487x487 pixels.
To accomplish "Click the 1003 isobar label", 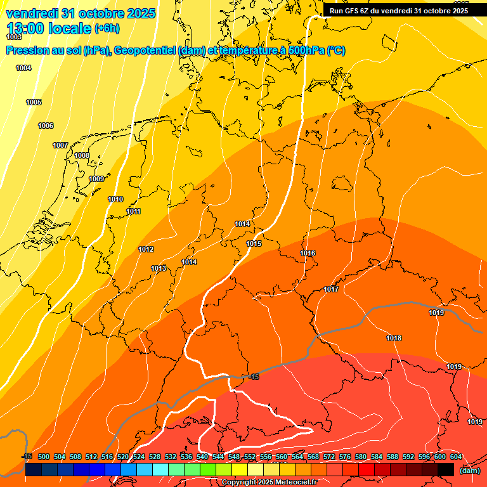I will tap(14, 37).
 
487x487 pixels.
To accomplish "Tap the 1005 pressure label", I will tap(34, 102).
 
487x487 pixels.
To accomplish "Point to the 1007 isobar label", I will tap(60, 145).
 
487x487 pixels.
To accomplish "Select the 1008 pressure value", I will tap(82, 155).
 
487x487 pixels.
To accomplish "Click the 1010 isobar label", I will tap(115, 199).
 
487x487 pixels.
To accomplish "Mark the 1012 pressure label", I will tap(146, 249).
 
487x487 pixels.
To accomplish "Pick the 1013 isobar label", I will tap(159, 268).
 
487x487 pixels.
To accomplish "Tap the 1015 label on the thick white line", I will tap(254, 243).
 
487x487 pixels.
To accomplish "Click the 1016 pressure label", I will tap(308, 253).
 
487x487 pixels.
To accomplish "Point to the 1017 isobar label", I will tap(331, 289).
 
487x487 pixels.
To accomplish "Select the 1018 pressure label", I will tap(394, 338).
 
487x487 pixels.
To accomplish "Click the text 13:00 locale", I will tap(48, 29).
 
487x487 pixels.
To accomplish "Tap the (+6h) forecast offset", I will tap(107, 29).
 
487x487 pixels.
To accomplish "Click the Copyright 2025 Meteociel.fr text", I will tap(269, 483).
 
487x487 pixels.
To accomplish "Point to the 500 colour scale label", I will tap(44, 457).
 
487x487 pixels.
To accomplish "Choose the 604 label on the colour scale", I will tap(456, 457).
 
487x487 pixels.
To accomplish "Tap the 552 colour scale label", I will tap(250, 457).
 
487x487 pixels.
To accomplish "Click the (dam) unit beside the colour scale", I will tap(469, 470).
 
